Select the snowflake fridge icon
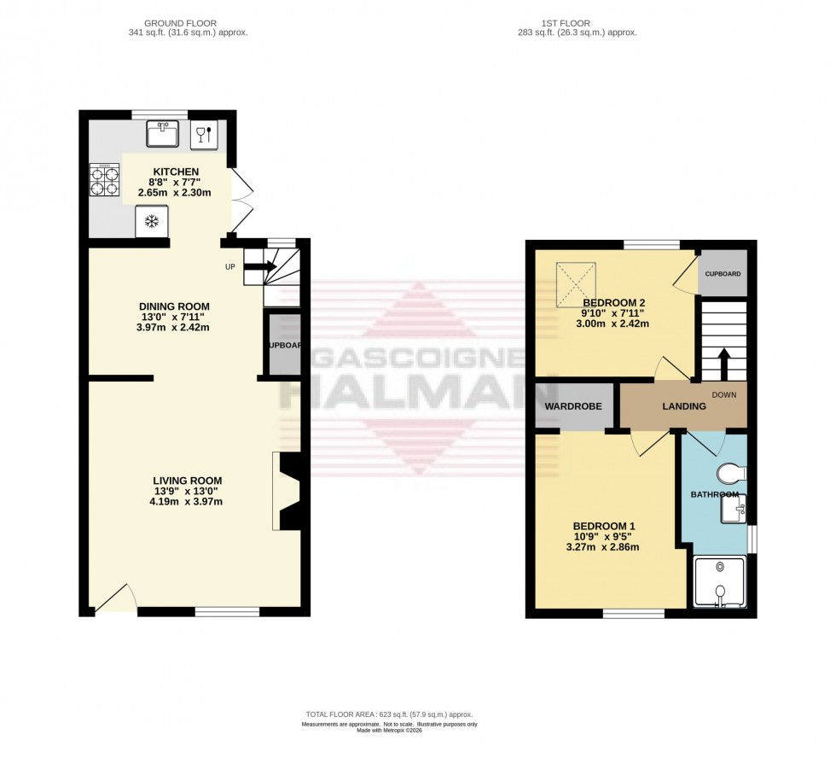tap(152, 223)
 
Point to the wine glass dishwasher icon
tap(204, 134)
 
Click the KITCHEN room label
tap(176, 172)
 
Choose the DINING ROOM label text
tap(174, 306)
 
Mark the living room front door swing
tap(116, 599)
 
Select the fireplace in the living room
tap(287, 492)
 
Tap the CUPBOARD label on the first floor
tap(722, 274)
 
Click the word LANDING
tap(684, 406)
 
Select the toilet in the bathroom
tap(731, 473)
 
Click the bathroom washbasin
tap(733, 510)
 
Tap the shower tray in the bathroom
tap(720, 583)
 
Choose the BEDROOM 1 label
tap(603, 526)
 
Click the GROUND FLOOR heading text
tap(180, 23)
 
